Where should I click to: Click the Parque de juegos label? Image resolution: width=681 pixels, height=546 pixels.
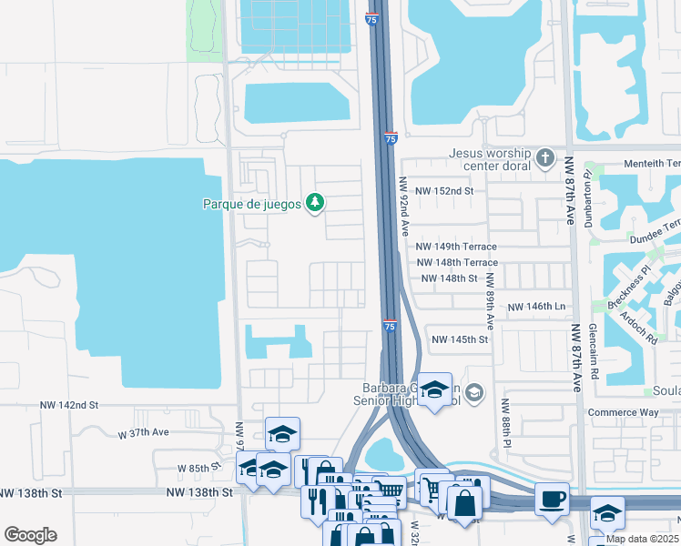pos(251,204)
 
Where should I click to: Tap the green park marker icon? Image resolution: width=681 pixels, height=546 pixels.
pos(314,202)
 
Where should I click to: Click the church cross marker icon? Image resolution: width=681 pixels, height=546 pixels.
pos(545,159)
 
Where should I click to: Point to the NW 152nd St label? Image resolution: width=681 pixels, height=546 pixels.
pos(445,191)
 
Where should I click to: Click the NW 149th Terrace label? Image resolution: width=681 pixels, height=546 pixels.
pos(456,247)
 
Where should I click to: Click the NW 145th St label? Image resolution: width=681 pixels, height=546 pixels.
pos(460,339)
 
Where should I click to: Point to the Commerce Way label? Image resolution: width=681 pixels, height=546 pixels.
pos(648,412)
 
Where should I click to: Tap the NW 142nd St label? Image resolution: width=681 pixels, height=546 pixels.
pos(68,404)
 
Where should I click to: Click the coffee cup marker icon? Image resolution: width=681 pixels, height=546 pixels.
pos(553,500)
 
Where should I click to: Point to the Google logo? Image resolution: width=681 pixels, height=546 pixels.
pos(30,535)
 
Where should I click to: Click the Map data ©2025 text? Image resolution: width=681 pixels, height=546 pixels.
pos(643,539)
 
